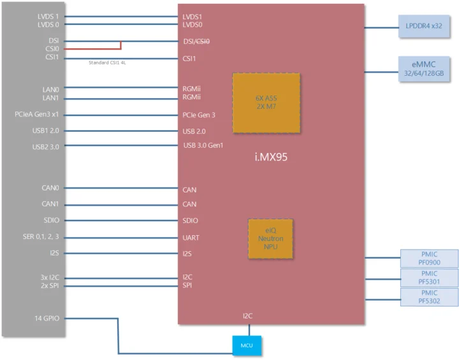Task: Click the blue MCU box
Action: tap(247, 345)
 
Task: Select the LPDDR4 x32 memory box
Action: tap(423, 26)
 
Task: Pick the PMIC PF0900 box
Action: tap(429, 258)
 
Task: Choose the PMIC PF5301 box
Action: tap(429, 277)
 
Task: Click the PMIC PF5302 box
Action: tap(429, 296)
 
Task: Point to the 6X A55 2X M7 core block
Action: tap(266, 103)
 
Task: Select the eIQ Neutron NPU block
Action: tap(270, 239)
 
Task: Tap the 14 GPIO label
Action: tap(47, 317)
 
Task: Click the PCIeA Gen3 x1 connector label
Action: tap(37, 115)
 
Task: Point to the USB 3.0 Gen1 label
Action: tap(203, 146)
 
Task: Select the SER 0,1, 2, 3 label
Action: tap(41, 237)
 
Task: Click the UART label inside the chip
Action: tap(191, 238)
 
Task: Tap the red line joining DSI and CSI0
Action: tap(121, 45)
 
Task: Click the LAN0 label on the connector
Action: tap(50, 89)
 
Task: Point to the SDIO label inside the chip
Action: tap(190, 220)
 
